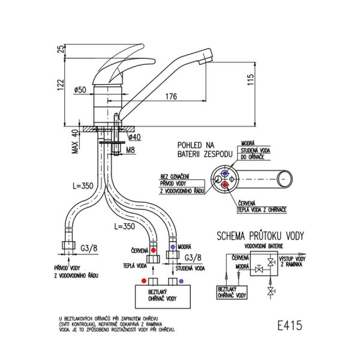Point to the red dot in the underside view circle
(225, 186)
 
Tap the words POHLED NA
(198, 145)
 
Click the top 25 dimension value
(59, 49)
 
